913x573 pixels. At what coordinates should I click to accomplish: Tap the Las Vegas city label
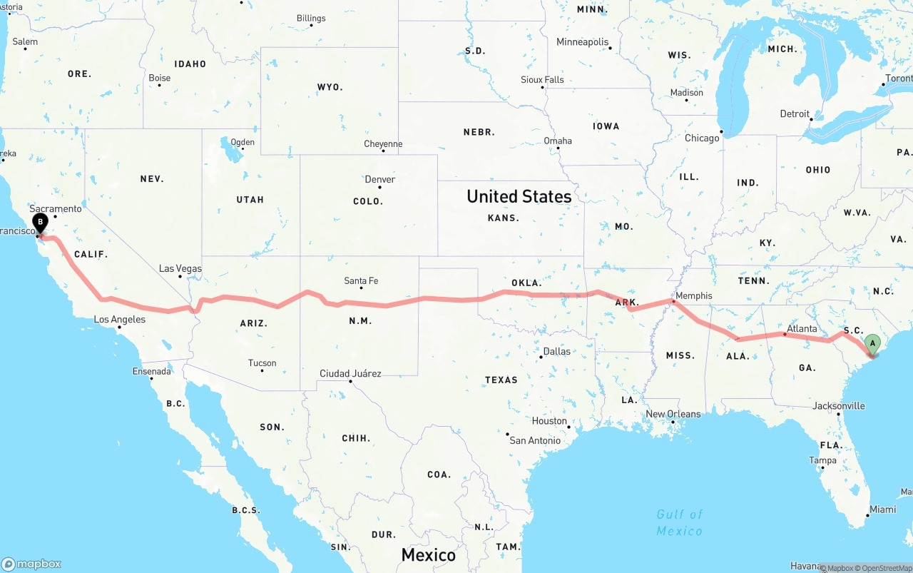pyautogui.click(x=180, y=269)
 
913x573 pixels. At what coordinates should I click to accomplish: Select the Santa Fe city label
pyautogui.click(x=361, y=281)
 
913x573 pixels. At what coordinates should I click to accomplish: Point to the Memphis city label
pyautogui.click(x=693, y=295)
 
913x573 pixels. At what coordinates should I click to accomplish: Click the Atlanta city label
pyautogui.click(x=802, y=328)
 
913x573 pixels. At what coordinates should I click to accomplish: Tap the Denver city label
pyautogui.click(x=379, y=180)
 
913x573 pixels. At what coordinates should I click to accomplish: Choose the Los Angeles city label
pyautogui.click(x=120, y=319)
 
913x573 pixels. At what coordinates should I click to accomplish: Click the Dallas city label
pyautogui.click(x=556, y=351)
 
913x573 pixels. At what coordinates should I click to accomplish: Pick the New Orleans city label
pyautogui.click(x=673, y=414)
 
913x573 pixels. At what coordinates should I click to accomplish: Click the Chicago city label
pyautogui.click(x=702, y=138)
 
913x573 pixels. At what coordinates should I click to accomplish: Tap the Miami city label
pyautogui.click(x=882, y=509)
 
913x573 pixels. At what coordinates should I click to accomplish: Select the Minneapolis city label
pyautogui.click(x=582, y=42)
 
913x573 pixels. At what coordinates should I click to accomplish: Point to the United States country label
pyautogui.click(x=519, y=196)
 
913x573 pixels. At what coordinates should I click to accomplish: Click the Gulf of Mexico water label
pyautogui.click(x=679, y=522)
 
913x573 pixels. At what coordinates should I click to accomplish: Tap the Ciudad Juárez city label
pyautogui.click(x=350, y=373)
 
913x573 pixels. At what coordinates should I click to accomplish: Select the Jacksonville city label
pyautogui.click(x=838, y=406)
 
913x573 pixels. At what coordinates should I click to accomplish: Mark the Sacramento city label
pyautogui.click(x=56, y=208)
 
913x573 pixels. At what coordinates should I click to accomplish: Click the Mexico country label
pyautogui.click(x=428, y=554)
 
